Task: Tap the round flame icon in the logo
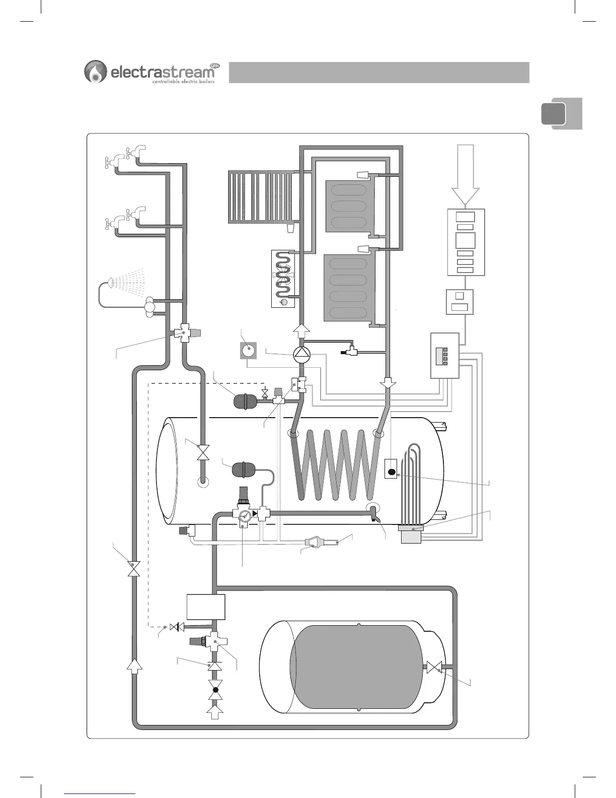pos(95,72)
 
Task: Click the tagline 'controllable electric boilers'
pos(183,82)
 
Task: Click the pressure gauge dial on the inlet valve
pos(245,516)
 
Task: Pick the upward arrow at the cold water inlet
pos(215,714)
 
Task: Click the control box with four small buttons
pos(445,355)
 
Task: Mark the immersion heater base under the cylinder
pos(411,535)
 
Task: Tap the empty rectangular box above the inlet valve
pos(206,607)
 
